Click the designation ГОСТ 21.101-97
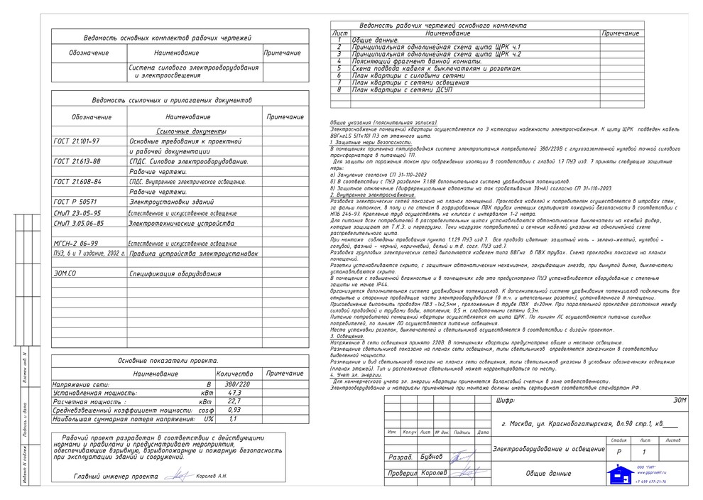(77, 141)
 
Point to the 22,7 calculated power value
(234, 401)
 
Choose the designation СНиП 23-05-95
(77, 212)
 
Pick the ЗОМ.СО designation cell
(65, 273)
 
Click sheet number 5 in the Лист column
(340, 68)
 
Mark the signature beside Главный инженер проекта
(179, 477)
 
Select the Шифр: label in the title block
(503, 401)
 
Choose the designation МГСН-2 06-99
(76, 243)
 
